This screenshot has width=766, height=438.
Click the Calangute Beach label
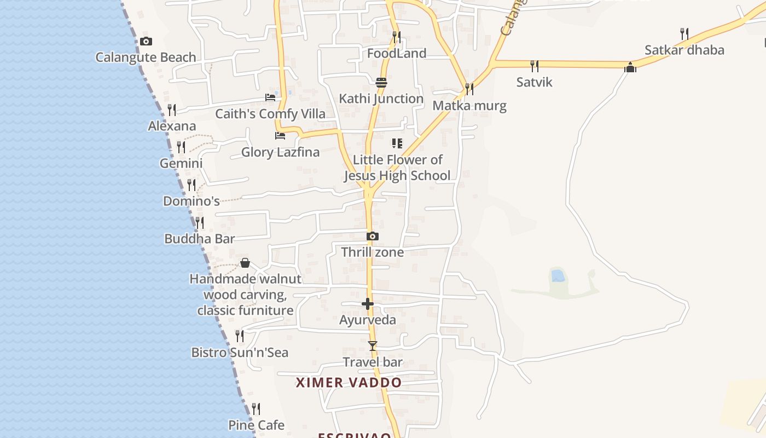[x=146, y=57]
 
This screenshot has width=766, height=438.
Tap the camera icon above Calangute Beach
[x=146, y=41]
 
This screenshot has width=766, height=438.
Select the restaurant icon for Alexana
[x=172, y=109]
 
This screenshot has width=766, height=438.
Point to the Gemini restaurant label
[x=181, y=163]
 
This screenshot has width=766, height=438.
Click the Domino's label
[x=191, y=201]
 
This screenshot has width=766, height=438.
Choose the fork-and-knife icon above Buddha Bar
[x=200, y=222]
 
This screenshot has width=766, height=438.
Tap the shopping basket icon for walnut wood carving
[x=245, y=263]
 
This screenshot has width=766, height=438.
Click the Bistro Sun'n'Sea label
[x=240, y=353]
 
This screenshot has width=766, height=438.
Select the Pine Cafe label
[x=256, y=425]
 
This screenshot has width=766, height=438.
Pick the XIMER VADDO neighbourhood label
[x=349, y=383]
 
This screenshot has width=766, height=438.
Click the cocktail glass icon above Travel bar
[x=373, y=345]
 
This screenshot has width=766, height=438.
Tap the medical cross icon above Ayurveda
[x=368, y=303]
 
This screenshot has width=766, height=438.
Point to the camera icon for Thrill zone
[x=373, y=236]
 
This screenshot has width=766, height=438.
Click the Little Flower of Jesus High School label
[x=397, y=168]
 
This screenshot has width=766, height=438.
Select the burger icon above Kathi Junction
[x=381, y=82]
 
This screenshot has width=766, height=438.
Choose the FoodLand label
[x=397, y=54]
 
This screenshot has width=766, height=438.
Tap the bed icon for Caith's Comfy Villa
[x=270, y=97]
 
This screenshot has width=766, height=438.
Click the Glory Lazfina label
[x=280, y=152]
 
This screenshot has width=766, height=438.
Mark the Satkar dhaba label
[x=684, y=50]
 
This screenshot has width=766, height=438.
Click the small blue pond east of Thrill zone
[x=558, y=275]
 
